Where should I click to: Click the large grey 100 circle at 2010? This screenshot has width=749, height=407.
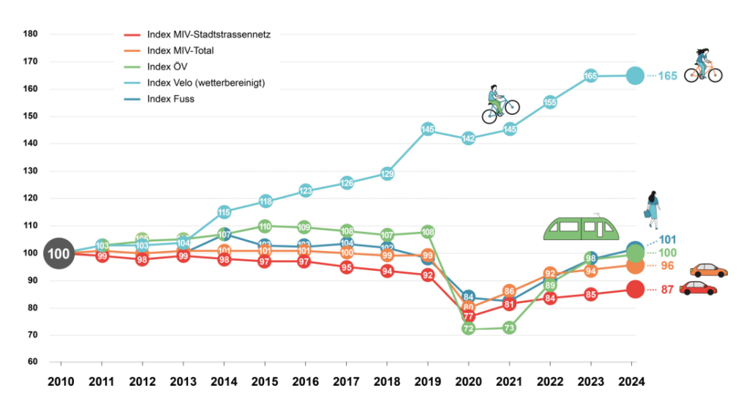coord(59,254)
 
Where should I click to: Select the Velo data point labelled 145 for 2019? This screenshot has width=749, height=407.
coord(428,130)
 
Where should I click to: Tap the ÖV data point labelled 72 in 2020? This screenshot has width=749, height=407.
coord(469,329)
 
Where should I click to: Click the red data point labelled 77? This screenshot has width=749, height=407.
coord(469,316)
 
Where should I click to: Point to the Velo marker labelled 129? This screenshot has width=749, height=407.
coord(388,173)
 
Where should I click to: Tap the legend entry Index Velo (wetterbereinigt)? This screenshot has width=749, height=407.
coord(205,83)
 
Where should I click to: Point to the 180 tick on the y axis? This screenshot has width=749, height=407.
coord(31,34)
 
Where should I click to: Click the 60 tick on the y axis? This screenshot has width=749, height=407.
coord(33,362)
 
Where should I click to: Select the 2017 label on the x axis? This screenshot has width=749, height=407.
coord(346,383)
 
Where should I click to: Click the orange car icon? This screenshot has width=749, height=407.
coord(708,270)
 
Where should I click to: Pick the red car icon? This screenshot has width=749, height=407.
coord(698,288)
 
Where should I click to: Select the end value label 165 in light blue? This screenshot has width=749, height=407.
coord(666,75)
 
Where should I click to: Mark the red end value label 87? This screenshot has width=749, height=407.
coord(667,289)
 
